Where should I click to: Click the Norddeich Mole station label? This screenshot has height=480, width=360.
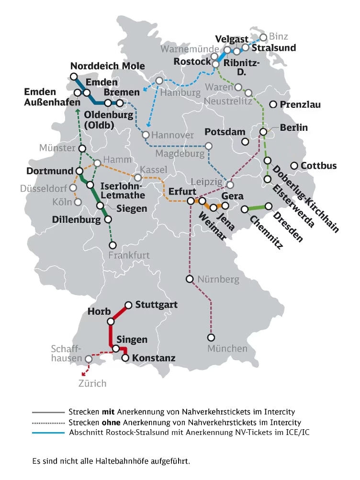[107, 66]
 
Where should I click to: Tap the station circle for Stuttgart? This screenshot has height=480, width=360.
[128, 305]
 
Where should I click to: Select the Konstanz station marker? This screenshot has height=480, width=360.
[125, 358]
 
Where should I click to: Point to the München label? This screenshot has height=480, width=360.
[227, 349]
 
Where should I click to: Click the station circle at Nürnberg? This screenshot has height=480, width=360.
[190, 279]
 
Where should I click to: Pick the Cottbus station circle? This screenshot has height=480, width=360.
[293, 166]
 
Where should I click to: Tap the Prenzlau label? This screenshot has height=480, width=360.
[301, 104]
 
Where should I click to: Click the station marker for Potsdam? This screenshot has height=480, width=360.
[245, 141]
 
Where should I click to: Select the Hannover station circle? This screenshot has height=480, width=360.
[146, 135]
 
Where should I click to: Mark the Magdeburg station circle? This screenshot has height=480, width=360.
[209, 146]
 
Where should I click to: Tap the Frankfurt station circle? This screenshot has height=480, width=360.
[113, 245]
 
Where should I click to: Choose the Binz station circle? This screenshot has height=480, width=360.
[263, 37]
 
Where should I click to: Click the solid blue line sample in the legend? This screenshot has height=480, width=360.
[48, 433]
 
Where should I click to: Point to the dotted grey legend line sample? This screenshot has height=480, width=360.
[48, 423]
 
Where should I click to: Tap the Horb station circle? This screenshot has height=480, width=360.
[110, 321]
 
